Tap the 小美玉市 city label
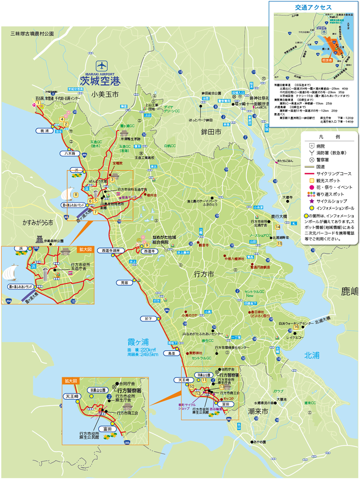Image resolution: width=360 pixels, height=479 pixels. coord(106,94)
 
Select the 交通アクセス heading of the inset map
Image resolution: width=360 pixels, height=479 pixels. coord(314,7)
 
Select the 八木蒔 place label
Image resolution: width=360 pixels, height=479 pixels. coord(68,154)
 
